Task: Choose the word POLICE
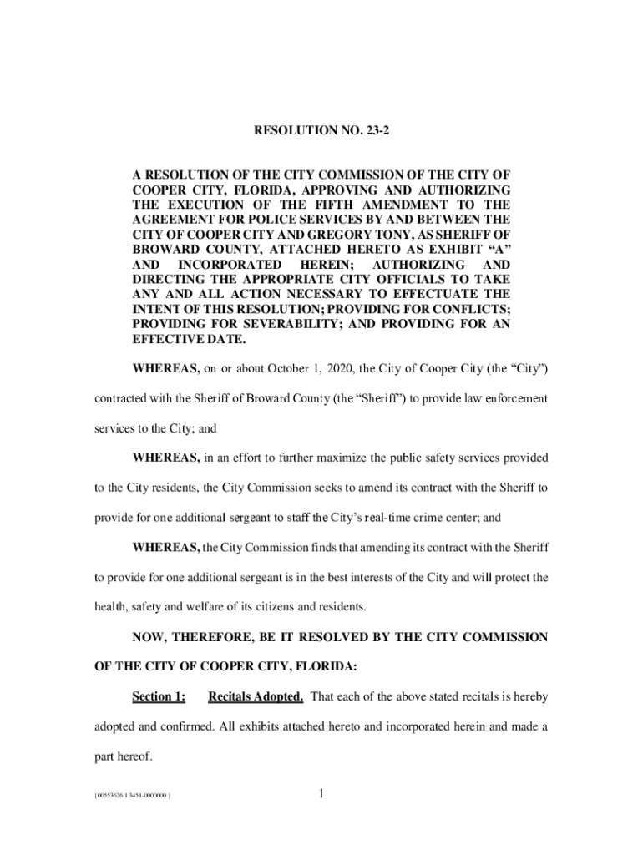pos(247,220)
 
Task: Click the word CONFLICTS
pos(472,310)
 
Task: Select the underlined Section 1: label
pos(159,696)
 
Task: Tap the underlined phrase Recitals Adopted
pos(256,696)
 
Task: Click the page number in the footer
pos(321,793)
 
